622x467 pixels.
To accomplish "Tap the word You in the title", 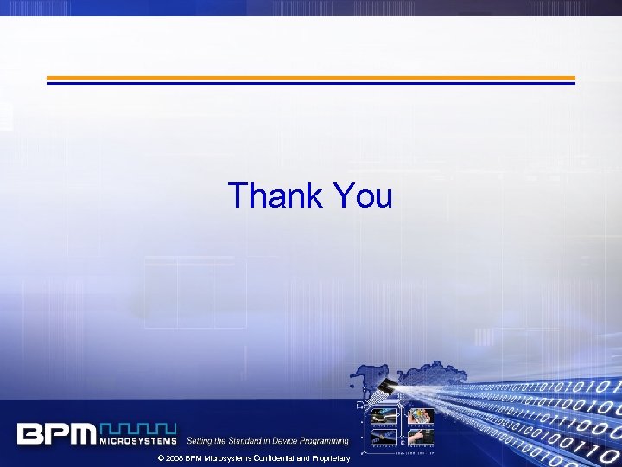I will coord(361,195).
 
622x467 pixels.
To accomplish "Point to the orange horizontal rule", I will coord(310,78).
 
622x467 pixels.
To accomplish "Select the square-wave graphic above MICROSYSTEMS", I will coord(138,427).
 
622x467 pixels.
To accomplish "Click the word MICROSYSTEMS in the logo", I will coord(138,440).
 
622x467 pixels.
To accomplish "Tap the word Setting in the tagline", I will coord(200,441).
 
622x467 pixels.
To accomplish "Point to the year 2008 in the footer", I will coord(174,457).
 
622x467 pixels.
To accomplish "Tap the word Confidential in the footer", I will coord(266,457).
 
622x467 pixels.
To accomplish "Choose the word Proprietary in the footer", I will coord(326,457).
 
